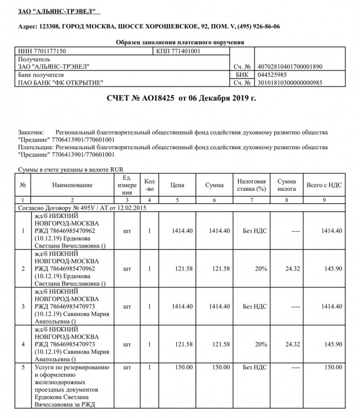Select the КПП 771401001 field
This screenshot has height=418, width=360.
coord(179,51)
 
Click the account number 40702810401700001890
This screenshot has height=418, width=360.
coord(290,67)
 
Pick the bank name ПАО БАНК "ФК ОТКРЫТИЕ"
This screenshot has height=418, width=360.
coord(61,83)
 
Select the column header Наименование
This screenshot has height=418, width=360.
coord(72,185)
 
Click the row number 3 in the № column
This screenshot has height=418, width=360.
coord(23,307)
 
